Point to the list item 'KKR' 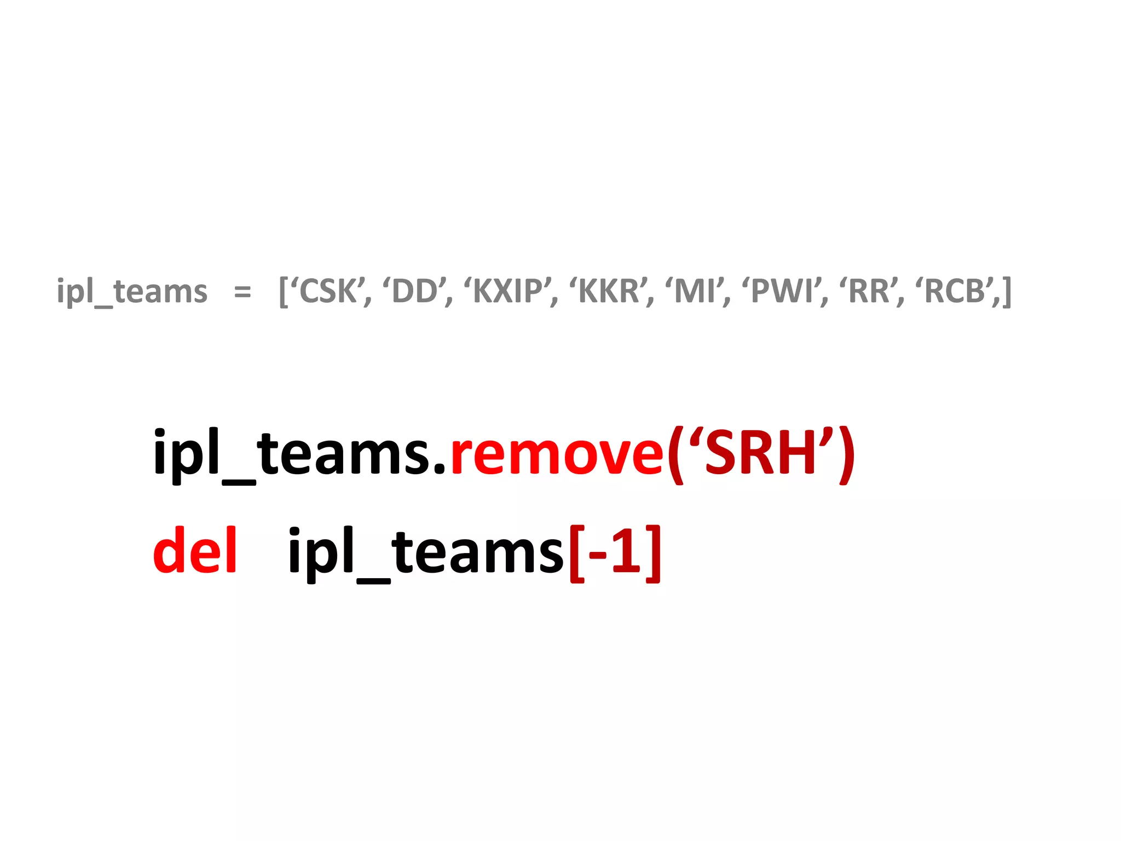pos(609,291)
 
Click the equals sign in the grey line pos(242,292)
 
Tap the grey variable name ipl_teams pos(132,292)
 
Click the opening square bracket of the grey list pos(284,292)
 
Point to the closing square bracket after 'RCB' pos(1006,292)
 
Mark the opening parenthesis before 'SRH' pos(675,454)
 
